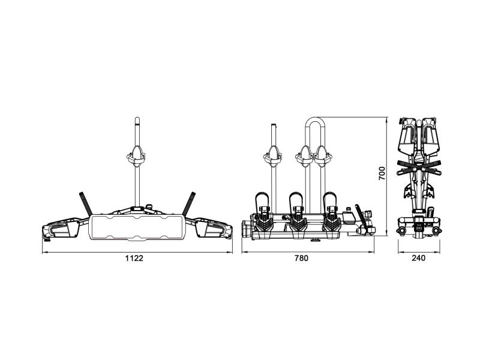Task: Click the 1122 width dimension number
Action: (134, 259)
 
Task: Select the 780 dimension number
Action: (302, 259)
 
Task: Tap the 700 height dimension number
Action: (382, 173)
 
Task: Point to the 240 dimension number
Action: (418, 259)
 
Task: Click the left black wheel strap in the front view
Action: (86, 203)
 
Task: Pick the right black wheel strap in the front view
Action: (189, 203)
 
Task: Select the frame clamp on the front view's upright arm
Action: (136, 157)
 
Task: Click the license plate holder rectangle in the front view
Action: (137, 227)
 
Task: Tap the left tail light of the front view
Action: (61, 228)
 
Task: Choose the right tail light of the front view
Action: (214, 228)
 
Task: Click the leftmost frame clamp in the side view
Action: (272, 157)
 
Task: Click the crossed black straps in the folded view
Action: (419, 168)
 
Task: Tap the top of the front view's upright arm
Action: (137, 119)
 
